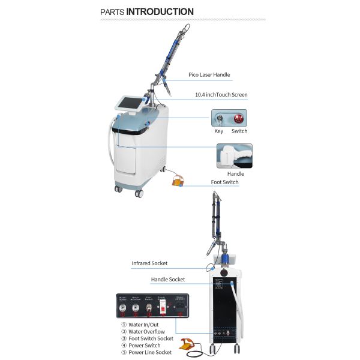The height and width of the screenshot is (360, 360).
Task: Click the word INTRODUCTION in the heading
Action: (160, 11)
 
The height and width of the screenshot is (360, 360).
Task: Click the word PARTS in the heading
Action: (112, 12)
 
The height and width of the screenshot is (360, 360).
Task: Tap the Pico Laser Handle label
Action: (209, 75)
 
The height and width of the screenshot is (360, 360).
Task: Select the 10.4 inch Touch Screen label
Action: (221, 95)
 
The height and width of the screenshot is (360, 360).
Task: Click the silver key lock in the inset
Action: (220, 118)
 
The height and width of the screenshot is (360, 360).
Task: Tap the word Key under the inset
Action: (219, 131)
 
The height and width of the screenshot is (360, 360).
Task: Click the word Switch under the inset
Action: (239, 131)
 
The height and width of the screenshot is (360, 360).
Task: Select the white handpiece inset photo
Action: (234, 155)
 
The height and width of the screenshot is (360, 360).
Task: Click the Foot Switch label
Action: (224, 182)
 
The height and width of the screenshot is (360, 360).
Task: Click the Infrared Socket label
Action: (149, 263)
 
